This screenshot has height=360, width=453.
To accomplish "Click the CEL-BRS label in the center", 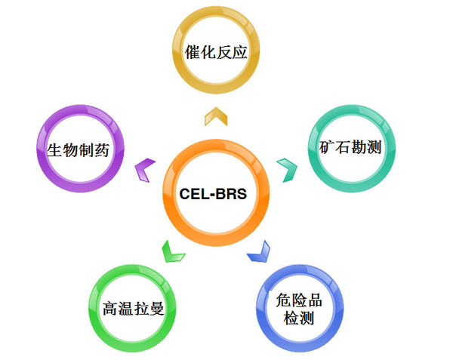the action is click(x=213, y=194).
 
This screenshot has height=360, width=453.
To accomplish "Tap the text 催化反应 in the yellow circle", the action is click(x=216, y=52).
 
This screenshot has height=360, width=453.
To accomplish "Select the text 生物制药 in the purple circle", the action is click(x=78, y=150).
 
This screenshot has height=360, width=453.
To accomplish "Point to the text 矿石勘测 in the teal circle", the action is click(x=350, y=147).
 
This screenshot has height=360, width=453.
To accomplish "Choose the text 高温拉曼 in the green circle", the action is click(x=134, y=308).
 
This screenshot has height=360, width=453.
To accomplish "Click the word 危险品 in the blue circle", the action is click(x=299, y=300).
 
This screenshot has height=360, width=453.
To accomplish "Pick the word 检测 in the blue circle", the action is click(x=299, y=318).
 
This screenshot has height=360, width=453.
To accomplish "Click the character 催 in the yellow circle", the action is click(x=193, y=52).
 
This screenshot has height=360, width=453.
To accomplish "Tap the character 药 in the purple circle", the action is click(x=102, y=150).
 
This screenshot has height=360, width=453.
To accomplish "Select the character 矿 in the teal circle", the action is click(x=327, y=147).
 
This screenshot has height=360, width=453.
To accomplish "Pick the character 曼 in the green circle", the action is click(x=157, y=308).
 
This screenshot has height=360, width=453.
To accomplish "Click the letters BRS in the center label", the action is click(x=231, y=194).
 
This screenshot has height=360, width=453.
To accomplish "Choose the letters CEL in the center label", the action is click(x=193, y=194).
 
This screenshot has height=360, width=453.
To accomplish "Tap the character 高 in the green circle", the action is click(x=110, y=308).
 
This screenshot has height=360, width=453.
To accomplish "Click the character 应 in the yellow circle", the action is click(x=239, y=52).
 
